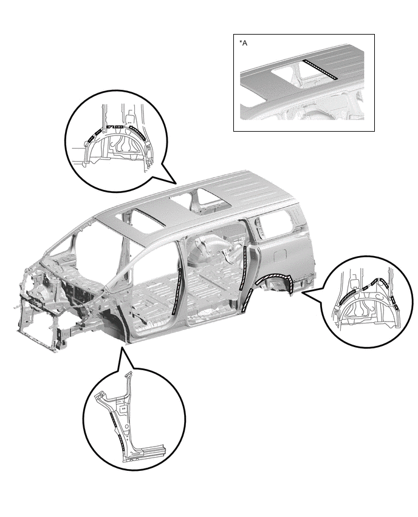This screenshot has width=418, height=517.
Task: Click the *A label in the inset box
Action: coord(243,43)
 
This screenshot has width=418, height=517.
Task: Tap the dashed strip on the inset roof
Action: coord(320,70)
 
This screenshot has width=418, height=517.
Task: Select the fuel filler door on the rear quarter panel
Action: coord(280,255)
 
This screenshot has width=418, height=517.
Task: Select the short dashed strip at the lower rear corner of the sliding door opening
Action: coord(248,300)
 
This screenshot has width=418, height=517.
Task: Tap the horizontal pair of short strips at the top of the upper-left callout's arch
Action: coord(116,127)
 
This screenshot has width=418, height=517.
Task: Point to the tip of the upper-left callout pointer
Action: coord(177,183)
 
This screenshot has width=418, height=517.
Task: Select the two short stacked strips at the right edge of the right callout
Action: coord(396,302)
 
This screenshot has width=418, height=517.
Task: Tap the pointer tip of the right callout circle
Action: coord(302,291)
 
